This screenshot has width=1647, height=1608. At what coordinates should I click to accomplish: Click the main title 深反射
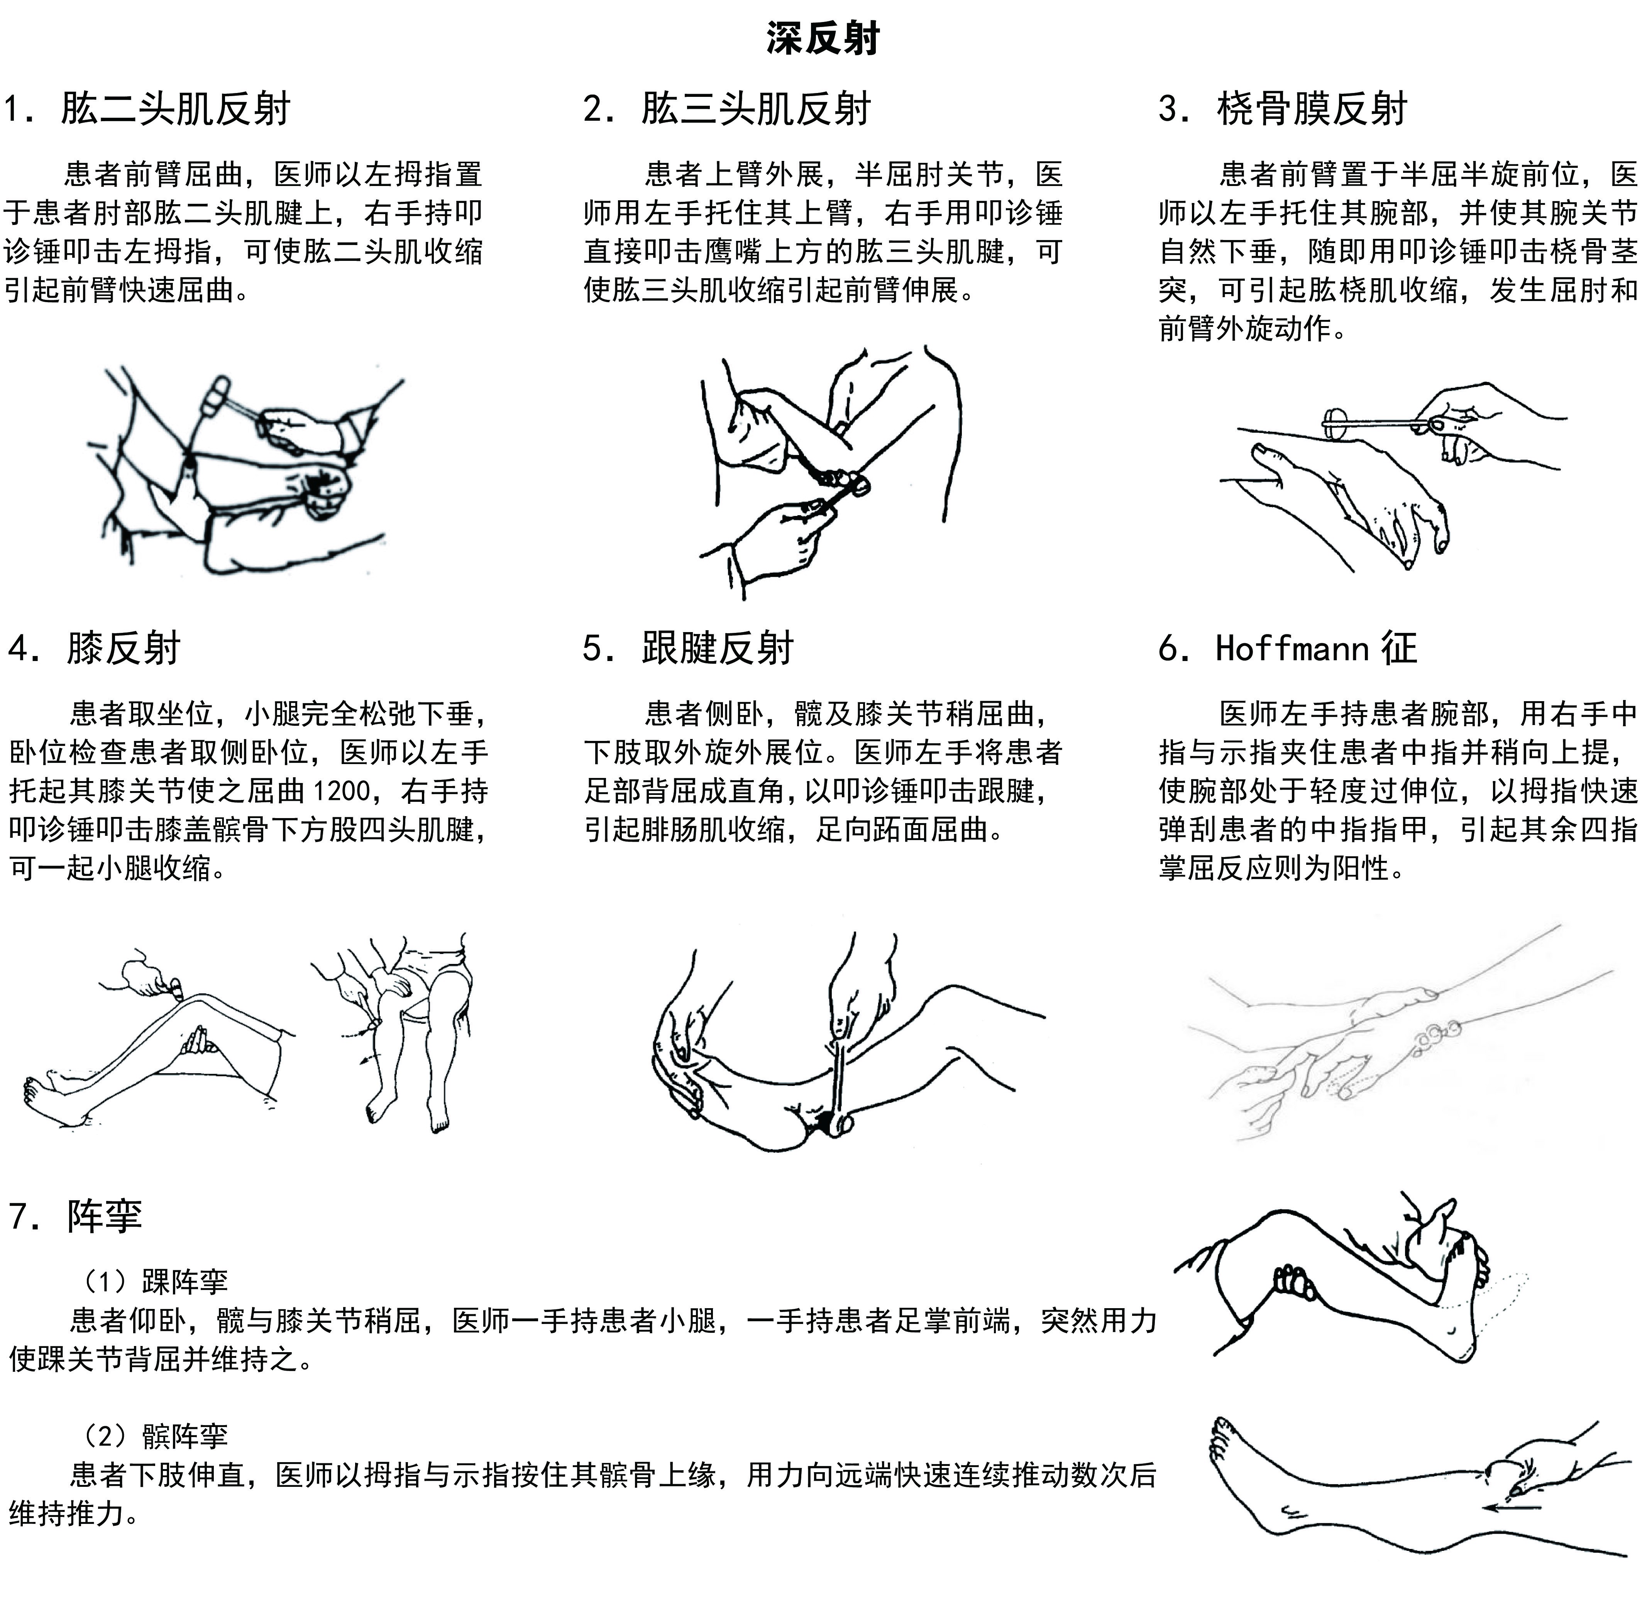tap(824, 38)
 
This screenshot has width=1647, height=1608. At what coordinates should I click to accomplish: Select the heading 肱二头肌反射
tap(176, 109)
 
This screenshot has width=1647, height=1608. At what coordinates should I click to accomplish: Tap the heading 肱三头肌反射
tap(756, 109)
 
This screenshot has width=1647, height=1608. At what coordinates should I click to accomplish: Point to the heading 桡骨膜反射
tap(1312, 109)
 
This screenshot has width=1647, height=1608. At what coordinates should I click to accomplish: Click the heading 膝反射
tap(123, 649)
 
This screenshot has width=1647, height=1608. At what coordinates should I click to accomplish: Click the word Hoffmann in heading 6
tap(1292, 649)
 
